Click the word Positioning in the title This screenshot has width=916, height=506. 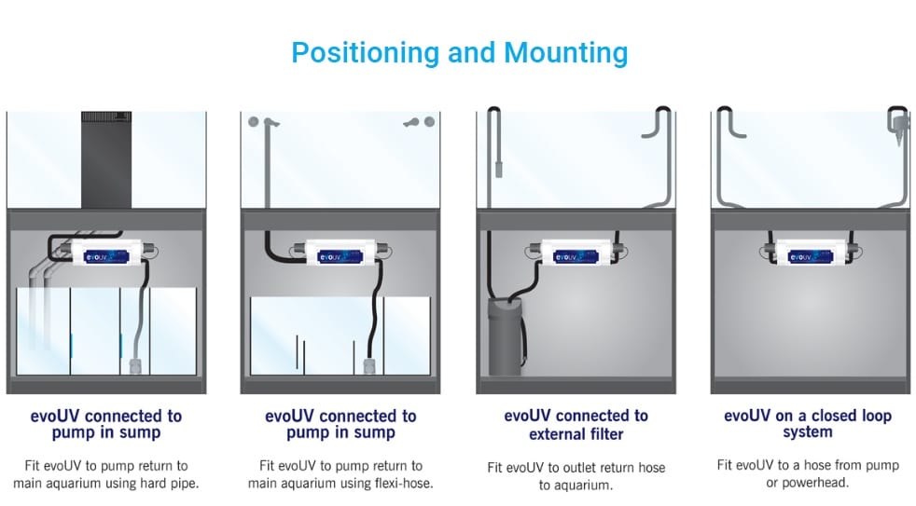point(365,54)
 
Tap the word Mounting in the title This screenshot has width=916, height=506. point(565,54)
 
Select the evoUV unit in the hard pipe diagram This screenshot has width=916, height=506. point(107,254)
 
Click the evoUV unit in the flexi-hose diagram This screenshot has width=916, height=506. point(341,254)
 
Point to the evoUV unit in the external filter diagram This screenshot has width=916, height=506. point(576,254)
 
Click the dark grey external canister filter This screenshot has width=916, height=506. point(505,336)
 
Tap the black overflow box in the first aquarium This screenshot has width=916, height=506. point(106,159)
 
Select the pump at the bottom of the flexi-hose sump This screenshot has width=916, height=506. point(369,366)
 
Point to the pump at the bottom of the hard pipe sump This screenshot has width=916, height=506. point(135,366)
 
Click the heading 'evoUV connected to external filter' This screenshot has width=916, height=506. point(576,424)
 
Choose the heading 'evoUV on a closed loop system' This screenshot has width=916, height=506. point(808,423)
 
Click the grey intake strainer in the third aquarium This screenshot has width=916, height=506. point(499,170)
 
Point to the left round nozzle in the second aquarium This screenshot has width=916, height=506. point(253,121)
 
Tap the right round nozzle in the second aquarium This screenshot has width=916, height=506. point(429,121)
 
